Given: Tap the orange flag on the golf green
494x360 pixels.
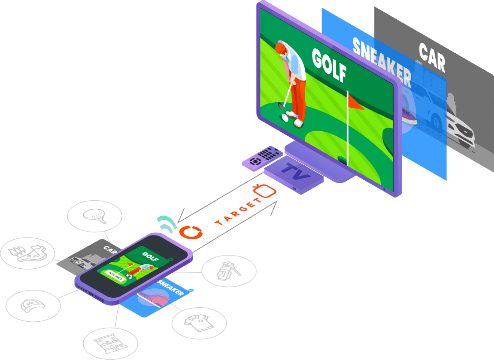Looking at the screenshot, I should [356, 103].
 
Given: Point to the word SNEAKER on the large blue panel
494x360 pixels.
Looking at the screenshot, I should [382, 62].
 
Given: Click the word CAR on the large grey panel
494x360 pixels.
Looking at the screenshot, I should [432, 57].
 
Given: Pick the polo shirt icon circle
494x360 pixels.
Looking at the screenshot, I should [199, 323].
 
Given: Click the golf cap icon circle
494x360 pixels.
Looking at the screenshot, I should [33, 306].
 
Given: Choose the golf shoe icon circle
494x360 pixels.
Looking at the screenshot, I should [28, 253].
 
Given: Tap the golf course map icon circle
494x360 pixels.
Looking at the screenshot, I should [111, 343].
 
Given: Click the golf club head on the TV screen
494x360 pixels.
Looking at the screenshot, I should [281, 106].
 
